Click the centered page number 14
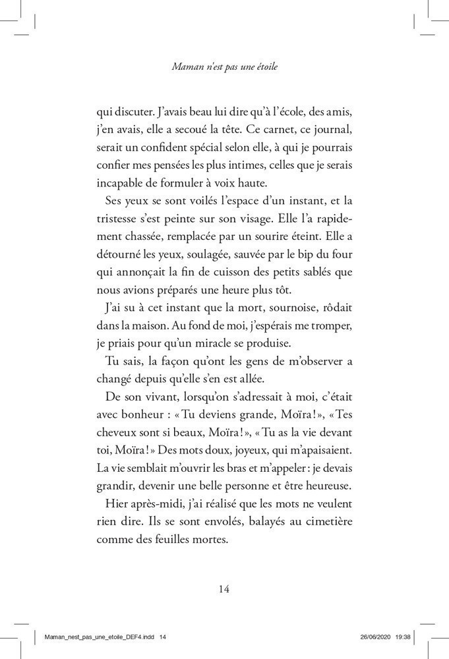[224, 588]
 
